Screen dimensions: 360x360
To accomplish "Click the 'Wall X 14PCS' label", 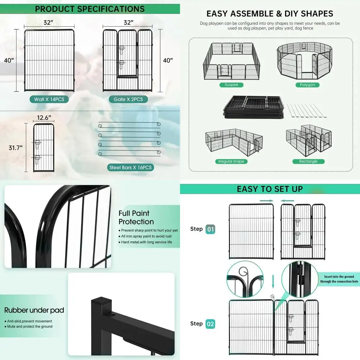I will tap(49, 99).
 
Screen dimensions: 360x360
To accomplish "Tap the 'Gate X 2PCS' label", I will tap(128, 99).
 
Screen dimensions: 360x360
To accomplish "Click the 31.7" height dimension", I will tap(16, 148).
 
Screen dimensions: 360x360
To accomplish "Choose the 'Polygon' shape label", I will tap(307, 85).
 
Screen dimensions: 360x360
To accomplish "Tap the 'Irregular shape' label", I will tap(231, 161).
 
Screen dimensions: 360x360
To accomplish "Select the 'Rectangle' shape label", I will tap(308, 161).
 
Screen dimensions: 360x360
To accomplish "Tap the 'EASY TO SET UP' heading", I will tap(270, 189).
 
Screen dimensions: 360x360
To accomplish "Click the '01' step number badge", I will tap(210, 229).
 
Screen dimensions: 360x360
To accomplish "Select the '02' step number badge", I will tap(210, 324).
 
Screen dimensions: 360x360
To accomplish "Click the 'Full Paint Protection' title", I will tap(136, 217).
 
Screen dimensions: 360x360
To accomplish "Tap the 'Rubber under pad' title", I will tap(34, 310).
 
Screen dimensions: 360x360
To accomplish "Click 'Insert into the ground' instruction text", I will tap(338, 276).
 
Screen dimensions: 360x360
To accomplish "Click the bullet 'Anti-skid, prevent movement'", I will tap(30, 321).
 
